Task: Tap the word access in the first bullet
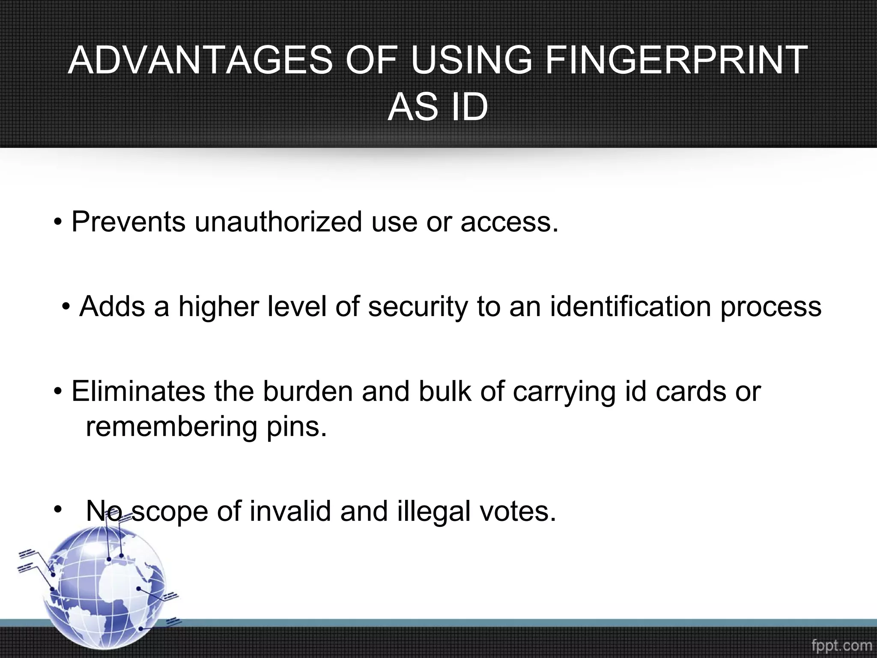(509, 222)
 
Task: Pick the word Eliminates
(138, 391)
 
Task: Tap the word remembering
(171, 427)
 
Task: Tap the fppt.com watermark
(841, 645)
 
